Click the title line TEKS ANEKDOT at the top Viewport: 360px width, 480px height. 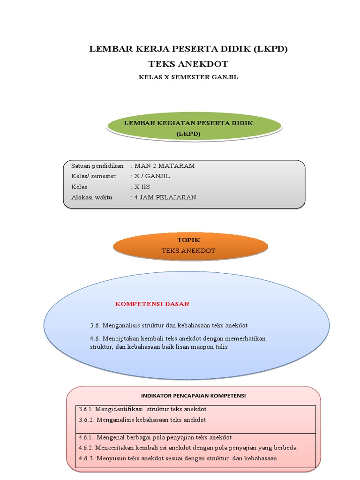[188, 64]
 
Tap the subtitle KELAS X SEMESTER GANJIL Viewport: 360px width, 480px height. [188, 77]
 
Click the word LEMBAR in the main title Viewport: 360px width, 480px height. [112, 49]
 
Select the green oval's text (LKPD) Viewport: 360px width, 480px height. [188, 134]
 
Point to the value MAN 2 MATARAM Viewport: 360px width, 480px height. [165, 166]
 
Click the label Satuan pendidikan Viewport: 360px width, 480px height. [97, 166]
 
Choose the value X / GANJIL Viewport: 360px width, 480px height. [152, 176]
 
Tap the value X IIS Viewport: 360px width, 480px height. [142, 187]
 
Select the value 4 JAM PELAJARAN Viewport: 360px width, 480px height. [165, 197]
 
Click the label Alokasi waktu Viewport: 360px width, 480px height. [92, 197]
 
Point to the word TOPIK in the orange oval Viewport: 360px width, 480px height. [188, 240]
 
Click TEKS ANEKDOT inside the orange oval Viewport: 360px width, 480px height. [188, 251]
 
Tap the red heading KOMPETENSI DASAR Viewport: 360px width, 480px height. [152, 304]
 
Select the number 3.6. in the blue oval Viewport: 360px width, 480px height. [95, 325]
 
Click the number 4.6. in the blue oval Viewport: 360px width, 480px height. [95, 338]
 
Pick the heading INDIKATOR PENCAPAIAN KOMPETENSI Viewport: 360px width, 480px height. [194, 396]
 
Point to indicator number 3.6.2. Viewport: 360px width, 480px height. [86, 420]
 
